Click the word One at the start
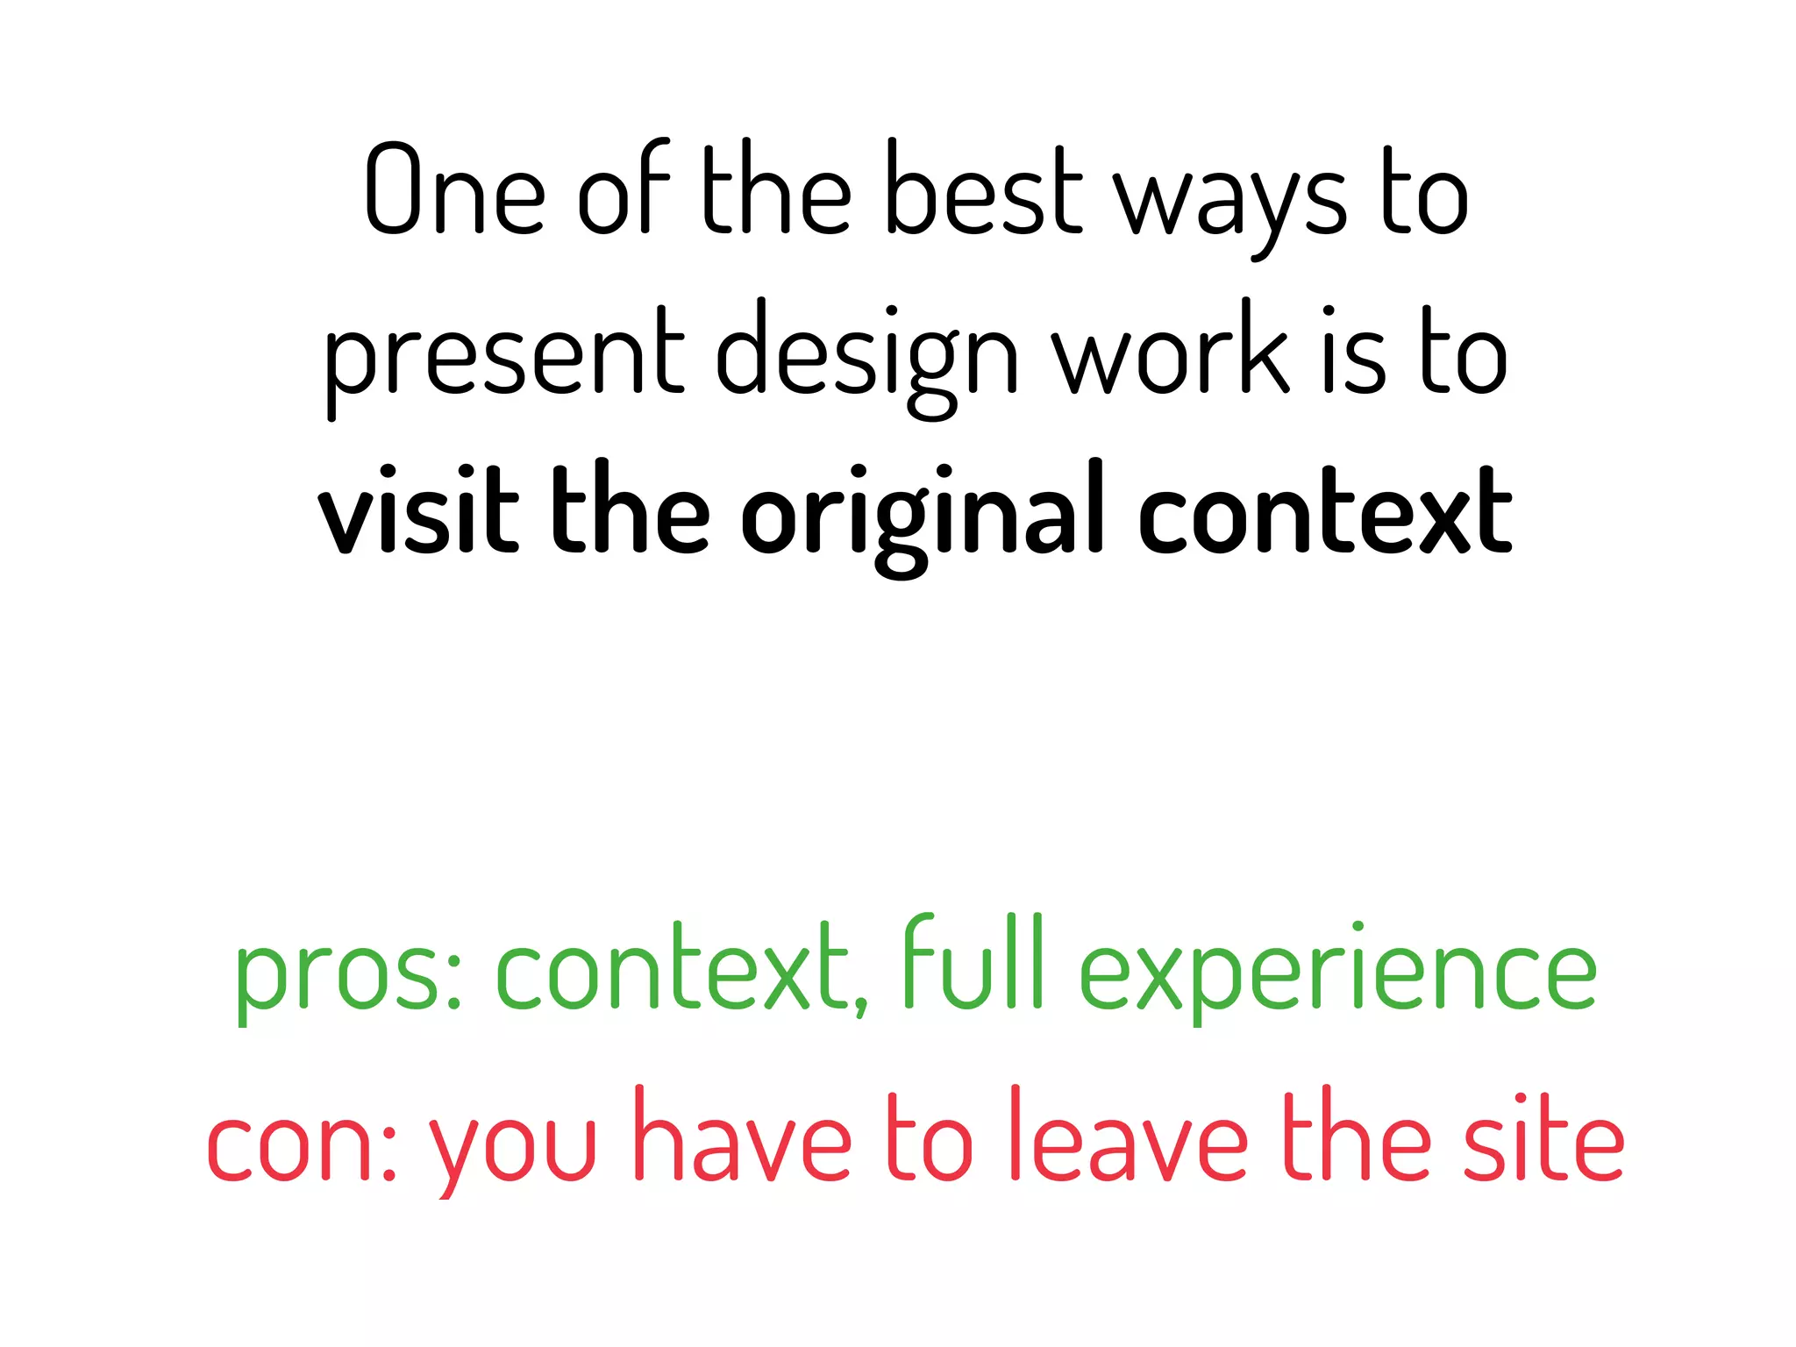(x=454, y=189)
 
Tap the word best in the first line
(x=984, y=189)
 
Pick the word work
(x=1171, y=351)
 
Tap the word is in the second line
(x=1354, y=351)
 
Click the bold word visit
(x=418, y=510)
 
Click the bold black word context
(x=1325, y=512)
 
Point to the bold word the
(x=630, y=510)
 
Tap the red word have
(x=741, y=1135)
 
